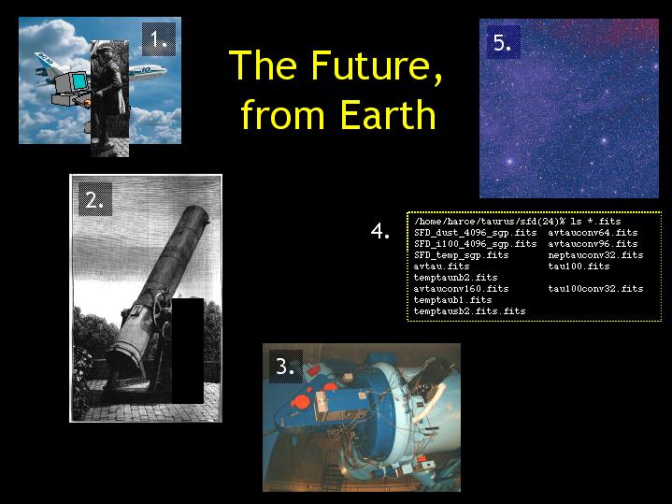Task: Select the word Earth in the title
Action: pyautogui.click(x=388, y=114)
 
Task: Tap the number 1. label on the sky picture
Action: pyautogui.click(x=159, y=39)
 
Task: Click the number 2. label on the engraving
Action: pyautogui.click(x=95, y=199)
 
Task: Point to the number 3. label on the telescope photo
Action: pyautogui.click(x=286, y=367)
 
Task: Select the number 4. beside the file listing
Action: pyautogui.click(x=380, y=231)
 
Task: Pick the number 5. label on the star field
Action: pyautogui.click(x=504, y=42)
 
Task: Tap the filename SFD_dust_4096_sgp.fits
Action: pyautogui.click(x=476, y=233)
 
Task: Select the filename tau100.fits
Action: pyautogui.click(x=579, y=266)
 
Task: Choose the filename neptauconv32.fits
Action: pyautogui.click(x=595, y=255)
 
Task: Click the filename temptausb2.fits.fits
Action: pyautogui.click(x=470, y=311)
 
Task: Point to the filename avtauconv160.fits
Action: pyautogui.click(x=461, y=289)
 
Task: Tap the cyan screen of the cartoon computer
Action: pyautogui.click(x=79, y=81)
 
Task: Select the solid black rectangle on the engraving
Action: pyautogui.click(x=188, y=351)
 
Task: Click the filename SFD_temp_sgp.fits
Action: pyautogui.click(x=461, y=255)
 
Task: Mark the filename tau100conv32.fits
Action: pyautogui.click(x=595, y=289)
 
